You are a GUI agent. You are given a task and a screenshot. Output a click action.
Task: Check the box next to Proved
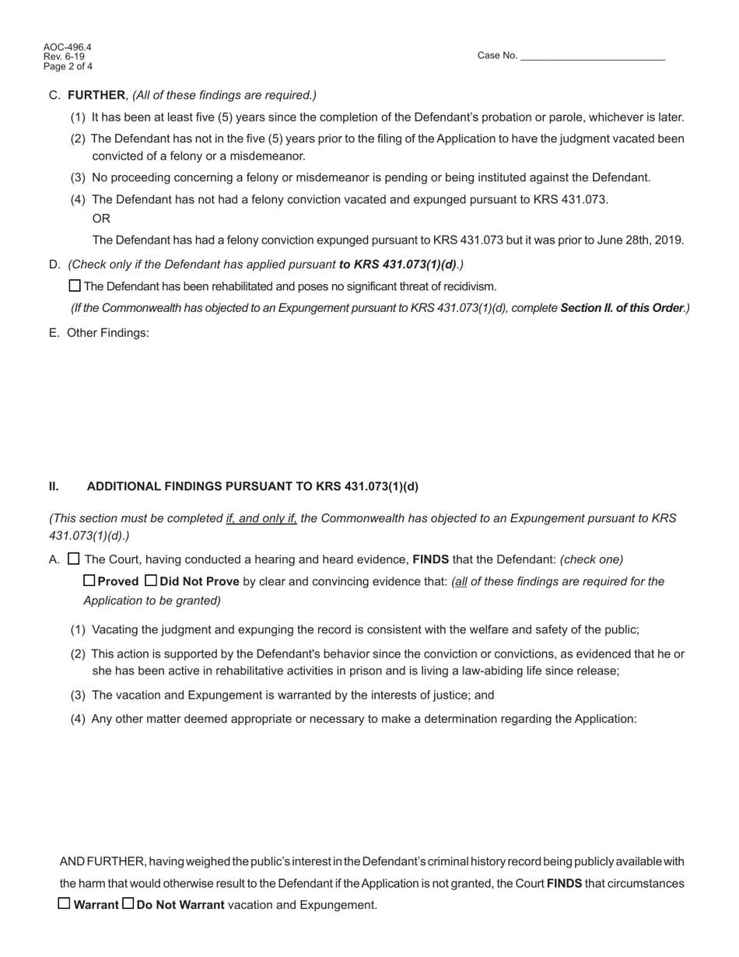point(89,580)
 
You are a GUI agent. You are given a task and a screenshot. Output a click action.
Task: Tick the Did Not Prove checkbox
point(151,580)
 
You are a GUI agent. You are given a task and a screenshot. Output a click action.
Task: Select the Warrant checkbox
point(65,903)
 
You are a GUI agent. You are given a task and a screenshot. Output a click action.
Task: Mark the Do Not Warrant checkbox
point(128,903)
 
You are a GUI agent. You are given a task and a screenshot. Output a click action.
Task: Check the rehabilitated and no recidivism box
point(75,286)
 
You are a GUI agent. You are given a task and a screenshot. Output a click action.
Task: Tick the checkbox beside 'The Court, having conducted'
point(74,559)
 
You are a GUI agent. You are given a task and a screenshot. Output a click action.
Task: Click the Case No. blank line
point(592,56)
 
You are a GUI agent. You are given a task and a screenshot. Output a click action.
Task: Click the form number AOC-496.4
point(68,47)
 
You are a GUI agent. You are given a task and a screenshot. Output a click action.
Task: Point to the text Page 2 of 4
point(68,67)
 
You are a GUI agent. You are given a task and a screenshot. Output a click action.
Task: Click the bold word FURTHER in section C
point(96,95)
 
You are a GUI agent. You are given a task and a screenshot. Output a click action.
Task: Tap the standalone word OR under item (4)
point(101,219)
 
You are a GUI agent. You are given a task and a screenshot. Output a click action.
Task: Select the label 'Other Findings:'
point(108,333)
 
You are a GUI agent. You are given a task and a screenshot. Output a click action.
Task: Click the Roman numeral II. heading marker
point(54,486)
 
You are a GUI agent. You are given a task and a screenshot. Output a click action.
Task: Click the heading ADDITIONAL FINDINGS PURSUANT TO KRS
point(252,486)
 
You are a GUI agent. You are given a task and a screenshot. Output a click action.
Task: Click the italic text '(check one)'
point(591,559)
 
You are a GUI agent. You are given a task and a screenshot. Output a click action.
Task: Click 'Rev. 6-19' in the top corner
point(64,57)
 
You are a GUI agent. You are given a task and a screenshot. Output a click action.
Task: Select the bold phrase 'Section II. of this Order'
point(622,308)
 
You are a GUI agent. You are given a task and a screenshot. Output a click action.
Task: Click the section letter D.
point(54,265)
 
